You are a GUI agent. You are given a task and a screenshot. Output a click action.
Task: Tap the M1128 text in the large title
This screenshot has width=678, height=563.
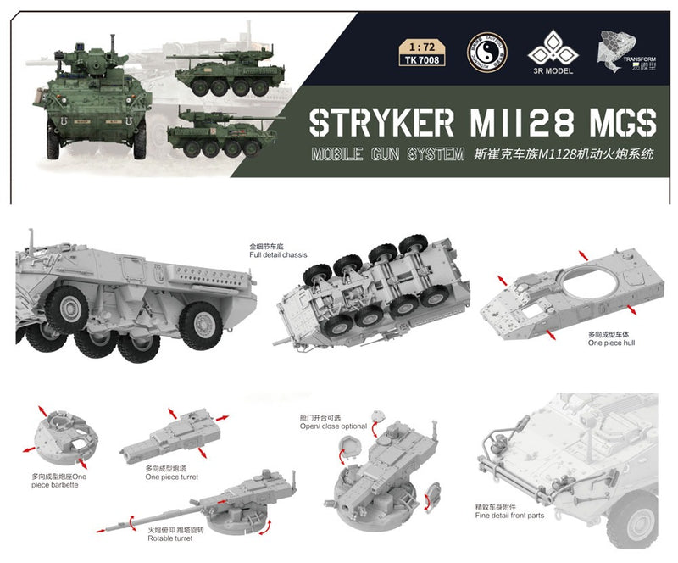516,124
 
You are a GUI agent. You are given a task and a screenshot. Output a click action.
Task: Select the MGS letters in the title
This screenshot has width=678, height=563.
618,124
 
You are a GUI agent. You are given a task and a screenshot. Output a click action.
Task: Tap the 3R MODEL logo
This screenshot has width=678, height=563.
551,53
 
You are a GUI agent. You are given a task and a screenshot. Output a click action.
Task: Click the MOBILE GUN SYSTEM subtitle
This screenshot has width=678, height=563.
387,154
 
